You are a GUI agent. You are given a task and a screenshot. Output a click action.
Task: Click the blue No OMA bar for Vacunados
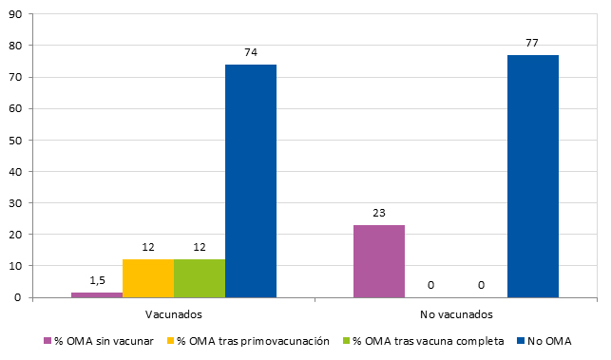(x=251, y=180)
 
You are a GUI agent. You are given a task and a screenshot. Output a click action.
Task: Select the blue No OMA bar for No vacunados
(x=533, y=176)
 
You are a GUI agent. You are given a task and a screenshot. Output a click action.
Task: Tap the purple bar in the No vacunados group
(x=379, y=260)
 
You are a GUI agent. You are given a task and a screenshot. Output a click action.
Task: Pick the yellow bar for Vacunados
(x=148, y=277)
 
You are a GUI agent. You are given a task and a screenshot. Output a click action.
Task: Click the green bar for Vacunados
(x=200, y=277)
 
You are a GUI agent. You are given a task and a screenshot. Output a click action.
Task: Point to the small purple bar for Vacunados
(x=97, y=294)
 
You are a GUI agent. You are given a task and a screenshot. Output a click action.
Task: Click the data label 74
(x=251, y=53)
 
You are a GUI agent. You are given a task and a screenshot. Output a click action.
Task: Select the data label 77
(x=533, y=44)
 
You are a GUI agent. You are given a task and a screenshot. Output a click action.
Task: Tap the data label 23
(x=379, y=214)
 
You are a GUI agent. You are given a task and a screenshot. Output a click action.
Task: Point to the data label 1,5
(x=97, y=281)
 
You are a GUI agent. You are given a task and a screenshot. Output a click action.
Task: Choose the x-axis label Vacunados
(x=173, y=313)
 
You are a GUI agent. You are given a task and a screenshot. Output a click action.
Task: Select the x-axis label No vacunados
(x=455, y=313)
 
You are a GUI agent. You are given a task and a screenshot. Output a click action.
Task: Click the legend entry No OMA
(x=548, y=340)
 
